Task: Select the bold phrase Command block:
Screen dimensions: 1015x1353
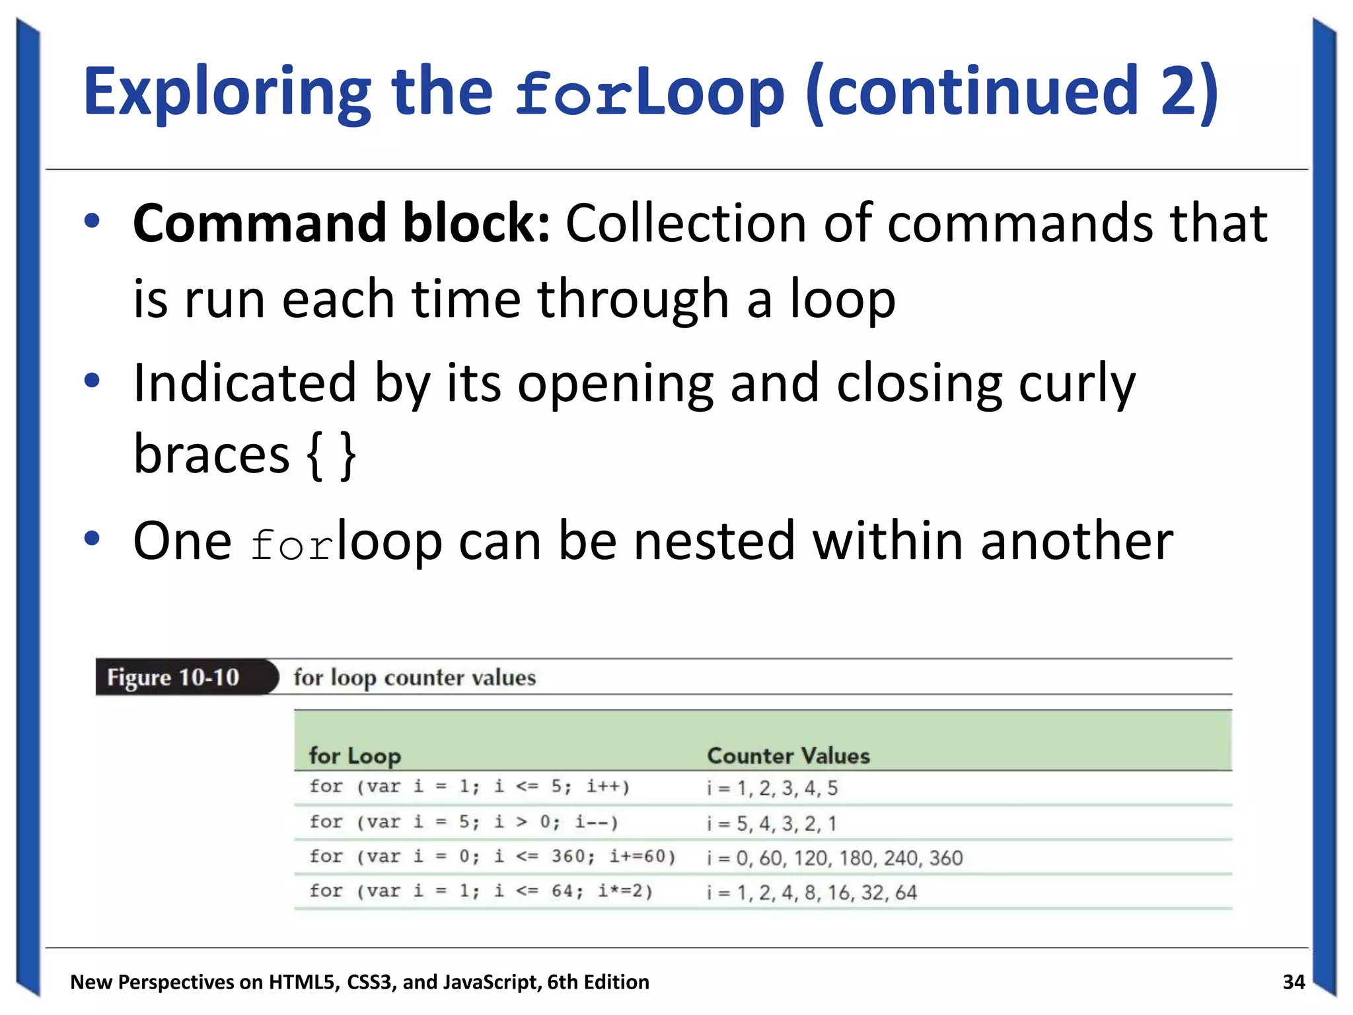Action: (x=341, y=223)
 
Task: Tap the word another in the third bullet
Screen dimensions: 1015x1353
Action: (x=1077, y=541)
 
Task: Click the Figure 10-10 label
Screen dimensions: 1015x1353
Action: (x=173, y=678)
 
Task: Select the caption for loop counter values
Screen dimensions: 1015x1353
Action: (x=414, y=678)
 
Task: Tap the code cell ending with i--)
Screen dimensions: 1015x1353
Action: (x=464, y=823)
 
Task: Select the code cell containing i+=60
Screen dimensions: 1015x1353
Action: (x=492, y=857)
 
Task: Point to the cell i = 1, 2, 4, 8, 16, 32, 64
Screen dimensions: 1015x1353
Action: (x=811, y=893)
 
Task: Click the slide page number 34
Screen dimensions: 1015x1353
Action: (x=1294, y=982)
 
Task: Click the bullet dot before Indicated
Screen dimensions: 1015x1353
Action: (x=92, y=381)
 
